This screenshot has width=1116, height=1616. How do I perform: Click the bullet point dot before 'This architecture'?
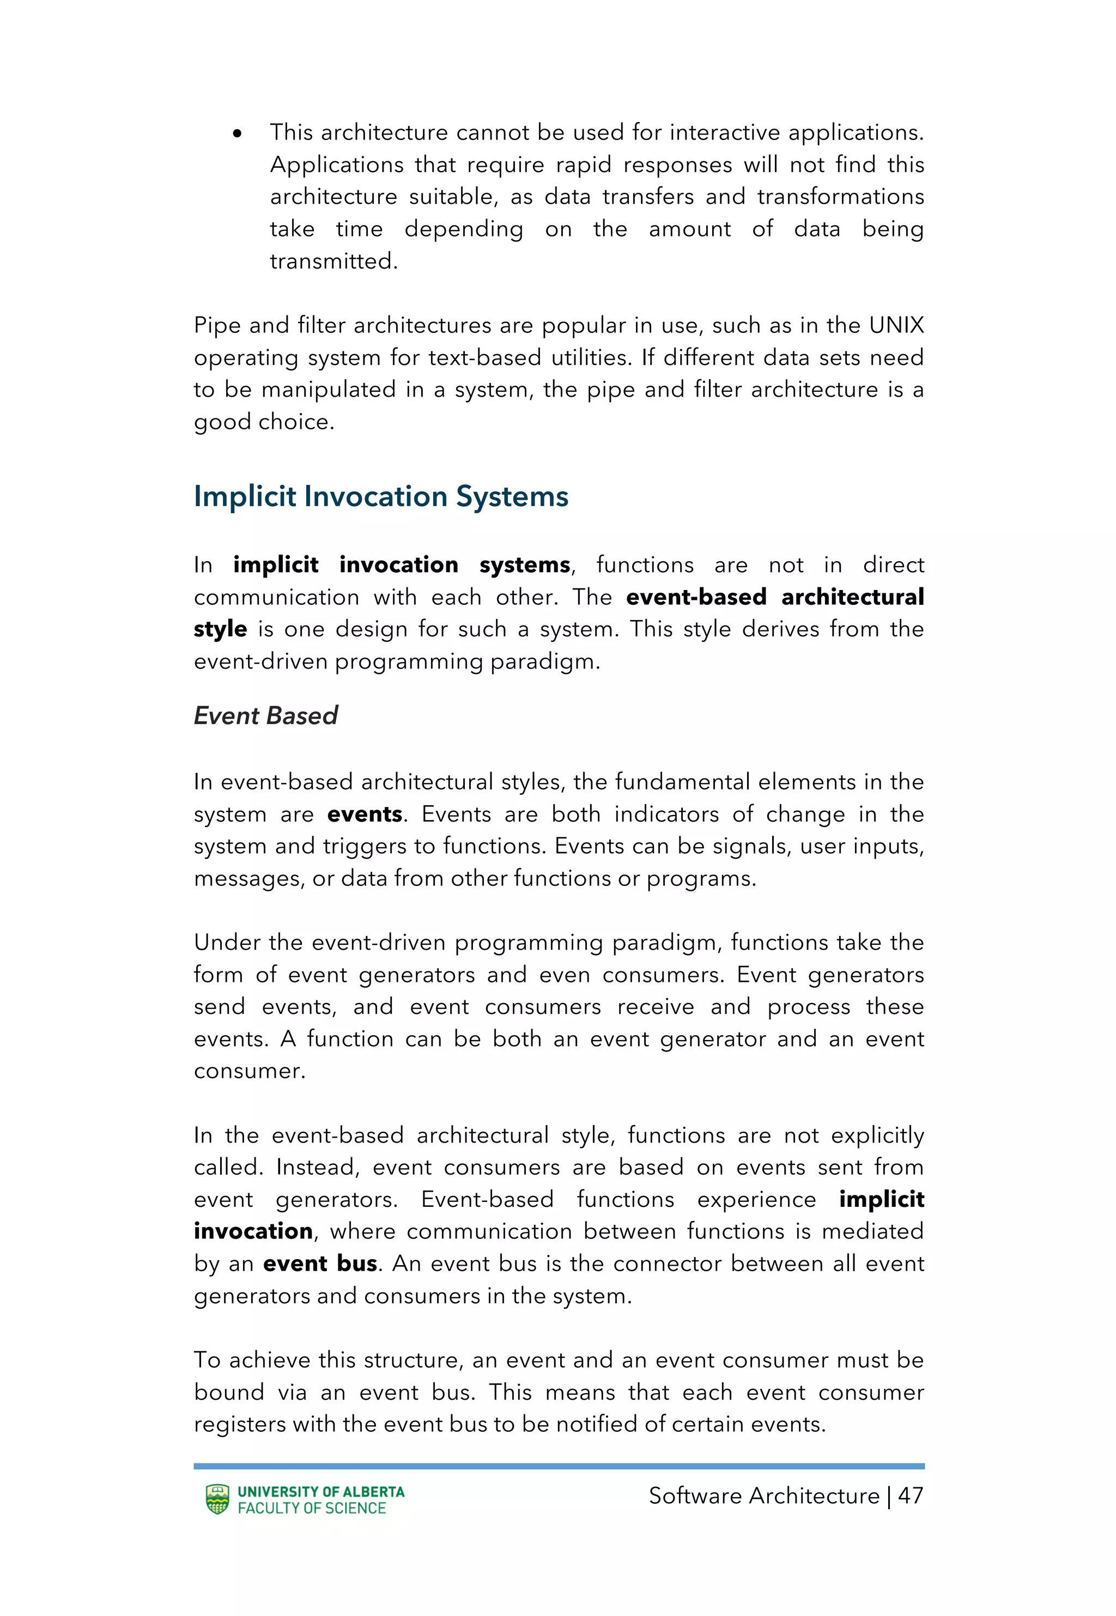tap(237, 133)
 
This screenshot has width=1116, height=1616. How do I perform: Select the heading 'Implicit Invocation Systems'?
tap(381, 496)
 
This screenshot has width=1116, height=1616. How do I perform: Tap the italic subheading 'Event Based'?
tap(266, 716)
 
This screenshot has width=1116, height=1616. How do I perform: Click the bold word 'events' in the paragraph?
tap(365, 815)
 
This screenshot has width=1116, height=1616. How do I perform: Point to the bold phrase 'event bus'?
tap(320, 1263)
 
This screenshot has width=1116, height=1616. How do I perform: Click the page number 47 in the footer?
tap(911, 1496)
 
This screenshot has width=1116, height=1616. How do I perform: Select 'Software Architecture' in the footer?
tap(763, 1496)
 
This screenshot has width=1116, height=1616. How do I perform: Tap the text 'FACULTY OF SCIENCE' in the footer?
tap(312, 1508)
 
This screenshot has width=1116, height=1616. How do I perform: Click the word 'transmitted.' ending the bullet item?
tap(333, 262)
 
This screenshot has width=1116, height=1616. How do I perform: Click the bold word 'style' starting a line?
tap(220, 629)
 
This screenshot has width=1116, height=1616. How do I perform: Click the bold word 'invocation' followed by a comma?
tap(253, 1231)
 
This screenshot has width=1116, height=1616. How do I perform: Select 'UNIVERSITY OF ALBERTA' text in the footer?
tap(321, 1492)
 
